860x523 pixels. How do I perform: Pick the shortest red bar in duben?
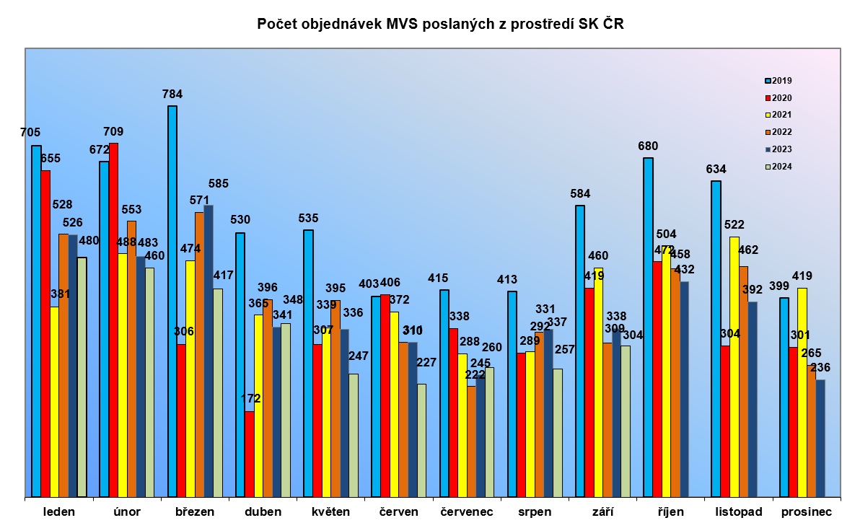pos(249,454)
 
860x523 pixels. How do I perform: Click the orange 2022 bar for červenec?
pos(472,441)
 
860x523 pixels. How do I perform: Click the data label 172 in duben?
pos(250,398)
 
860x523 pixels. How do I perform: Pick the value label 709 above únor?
pos(113,131)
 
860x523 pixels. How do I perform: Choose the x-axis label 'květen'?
pos(330,512)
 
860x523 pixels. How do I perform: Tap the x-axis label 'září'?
pos(602,512)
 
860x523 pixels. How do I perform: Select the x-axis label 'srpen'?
pos(535,512)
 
